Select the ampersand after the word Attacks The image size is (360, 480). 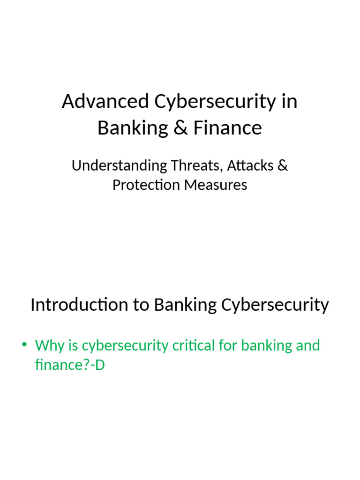tap(283, 165)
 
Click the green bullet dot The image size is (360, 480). tap(24, 345)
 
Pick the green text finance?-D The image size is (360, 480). tap(70, 365)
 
